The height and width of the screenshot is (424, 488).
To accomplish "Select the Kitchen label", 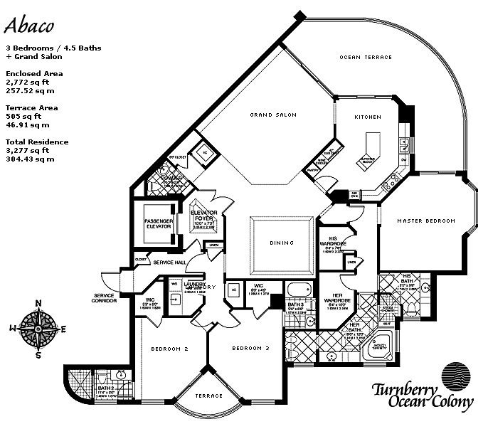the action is [x=368, y=117].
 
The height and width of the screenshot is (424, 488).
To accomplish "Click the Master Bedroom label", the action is [x=426, y=221].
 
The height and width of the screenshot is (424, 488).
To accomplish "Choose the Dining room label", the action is [x=282, y=243].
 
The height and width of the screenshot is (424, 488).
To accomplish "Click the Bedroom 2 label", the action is [x=171, y=349].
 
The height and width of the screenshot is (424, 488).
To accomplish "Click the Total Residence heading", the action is [x=35, y=142].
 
